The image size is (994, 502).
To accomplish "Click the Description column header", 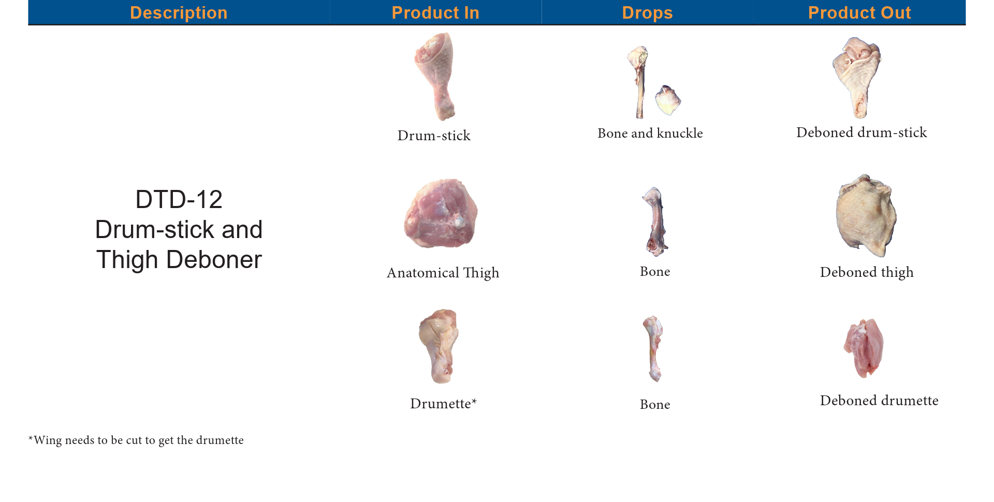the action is (179, 13).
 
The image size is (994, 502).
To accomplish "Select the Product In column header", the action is (435, 13).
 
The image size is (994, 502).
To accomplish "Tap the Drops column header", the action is (647, 13).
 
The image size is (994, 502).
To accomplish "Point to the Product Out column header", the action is (859, 13).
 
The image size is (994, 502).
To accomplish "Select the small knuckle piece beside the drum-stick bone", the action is (668, 100).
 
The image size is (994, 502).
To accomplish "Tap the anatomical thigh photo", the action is (441, 213).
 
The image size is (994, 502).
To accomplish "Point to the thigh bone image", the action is (655, 222).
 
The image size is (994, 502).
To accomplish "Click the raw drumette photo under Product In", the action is (438, 346).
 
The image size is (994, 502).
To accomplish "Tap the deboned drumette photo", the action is (864, 348).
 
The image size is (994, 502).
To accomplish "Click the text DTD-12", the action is (179, 199).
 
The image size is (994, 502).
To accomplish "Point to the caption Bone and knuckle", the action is (650, 134).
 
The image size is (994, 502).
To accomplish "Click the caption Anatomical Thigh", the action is (443, 273).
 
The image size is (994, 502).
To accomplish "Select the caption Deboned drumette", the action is (879, 401).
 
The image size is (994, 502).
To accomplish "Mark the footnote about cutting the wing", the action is (136, 440).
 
